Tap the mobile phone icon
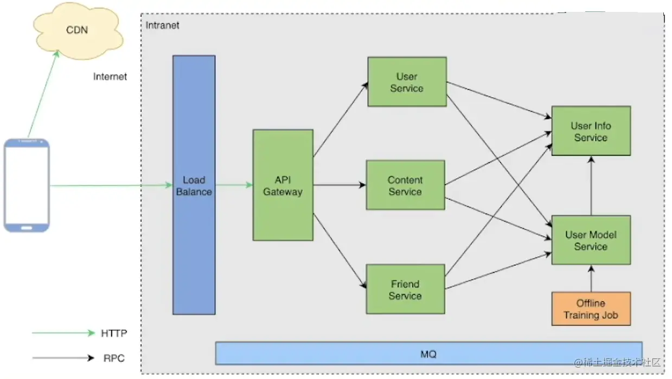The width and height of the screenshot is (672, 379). click(27, 185)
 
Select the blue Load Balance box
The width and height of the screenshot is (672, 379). click(194, 185)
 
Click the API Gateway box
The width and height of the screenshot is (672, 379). click(283, 185)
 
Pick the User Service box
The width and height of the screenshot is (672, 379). click(407, 82)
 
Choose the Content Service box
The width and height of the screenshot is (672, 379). click(405, 185)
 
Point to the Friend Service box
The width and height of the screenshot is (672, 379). click(405, 289)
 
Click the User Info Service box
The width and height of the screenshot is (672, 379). click(591, 131)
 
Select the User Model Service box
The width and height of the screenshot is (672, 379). click(591, 240)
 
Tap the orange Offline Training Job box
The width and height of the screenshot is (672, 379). click(591, 309)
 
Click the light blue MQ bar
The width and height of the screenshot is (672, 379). click(428, 353)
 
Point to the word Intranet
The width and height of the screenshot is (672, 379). click(162, 25)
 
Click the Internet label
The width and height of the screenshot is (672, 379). click(110, 77)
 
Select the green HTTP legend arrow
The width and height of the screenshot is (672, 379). click(63, 333)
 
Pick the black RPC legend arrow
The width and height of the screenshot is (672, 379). click(63, 358)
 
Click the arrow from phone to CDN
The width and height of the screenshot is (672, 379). click(43, 94)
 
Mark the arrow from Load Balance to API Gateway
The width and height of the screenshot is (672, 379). click(234, 185)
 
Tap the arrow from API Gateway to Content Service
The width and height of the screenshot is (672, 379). click(340, 185)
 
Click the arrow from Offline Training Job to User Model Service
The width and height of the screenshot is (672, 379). click(591, 278)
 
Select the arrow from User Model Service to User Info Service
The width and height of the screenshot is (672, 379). click(591, 185)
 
